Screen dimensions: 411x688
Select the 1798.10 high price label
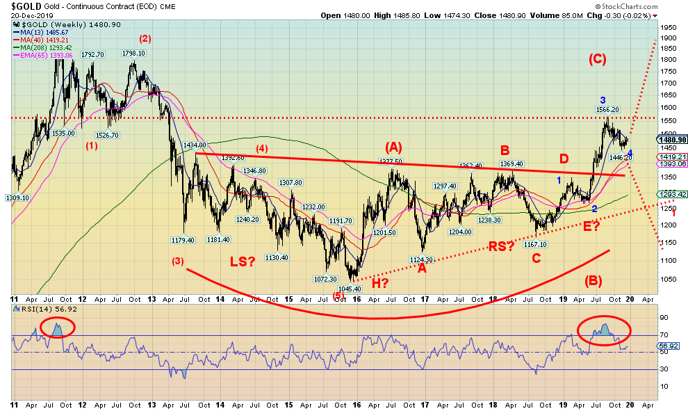pos(133,53)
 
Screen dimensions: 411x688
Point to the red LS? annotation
pos(243,261)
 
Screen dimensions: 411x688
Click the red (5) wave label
pos(338,296)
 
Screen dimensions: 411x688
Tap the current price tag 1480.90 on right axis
pos(671,139)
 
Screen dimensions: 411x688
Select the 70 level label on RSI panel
pos(665,336)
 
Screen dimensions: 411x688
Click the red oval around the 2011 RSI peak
pos(58,328)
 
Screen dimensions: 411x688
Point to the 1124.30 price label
pos(421,260)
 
